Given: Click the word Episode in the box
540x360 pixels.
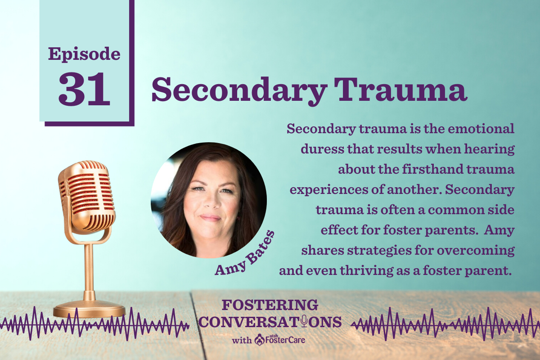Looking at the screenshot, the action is [84, 55].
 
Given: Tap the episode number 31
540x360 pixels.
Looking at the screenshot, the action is [84, 89].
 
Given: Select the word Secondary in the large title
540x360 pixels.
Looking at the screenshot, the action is [238, 91].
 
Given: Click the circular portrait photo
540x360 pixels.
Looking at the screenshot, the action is [209, 200].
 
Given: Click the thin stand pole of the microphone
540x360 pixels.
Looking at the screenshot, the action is [89, 272].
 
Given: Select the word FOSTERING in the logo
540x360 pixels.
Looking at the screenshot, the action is [270, 305].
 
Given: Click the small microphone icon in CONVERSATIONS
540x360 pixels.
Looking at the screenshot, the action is [304, 321].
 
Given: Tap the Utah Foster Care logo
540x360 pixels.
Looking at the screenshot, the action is [280, 340].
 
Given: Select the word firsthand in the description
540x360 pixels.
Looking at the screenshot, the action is [433, 169].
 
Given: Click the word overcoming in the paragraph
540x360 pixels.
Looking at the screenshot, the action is [476, 251].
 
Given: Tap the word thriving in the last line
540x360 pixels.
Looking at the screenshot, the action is [367, 271].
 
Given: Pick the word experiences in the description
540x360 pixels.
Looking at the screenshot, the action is [329, 190].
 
